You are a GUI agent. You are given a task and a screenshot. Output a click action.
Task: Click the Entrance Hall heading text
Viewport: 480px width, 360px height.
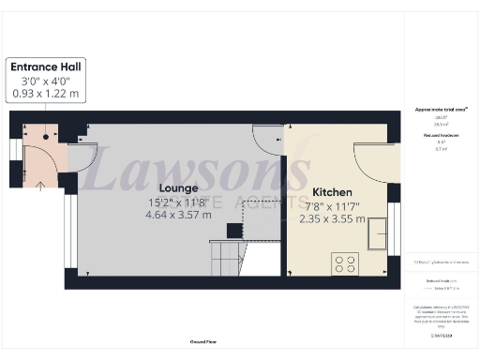[46, 67]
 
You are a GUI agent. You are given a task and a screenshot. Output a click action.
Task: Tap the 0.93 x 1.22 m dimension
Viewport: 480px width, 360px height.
[46, 96]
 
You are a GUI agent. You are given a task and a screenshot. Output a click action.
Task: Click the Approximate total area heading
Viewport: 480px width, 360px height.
[441, 110]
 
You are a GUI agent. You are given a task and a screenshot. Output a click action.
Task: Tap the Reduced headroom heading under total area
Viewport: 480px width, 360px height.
[440, 136]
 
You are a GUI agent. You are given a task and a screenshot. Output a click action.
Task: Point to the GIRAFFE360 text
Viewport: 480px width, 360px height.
[440, 334]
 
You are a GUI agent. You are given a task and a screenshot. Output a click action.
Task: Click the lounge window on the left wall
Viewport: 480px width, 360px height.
[67, 225]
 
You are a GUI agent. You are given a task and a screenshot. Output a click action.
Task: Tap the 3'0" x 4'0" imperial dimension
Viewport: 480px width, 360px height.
[46, 82]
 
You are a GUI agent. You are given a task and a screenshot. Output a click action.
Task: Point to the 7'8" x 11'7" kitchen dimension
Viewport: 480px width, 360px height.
[336, 204]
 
